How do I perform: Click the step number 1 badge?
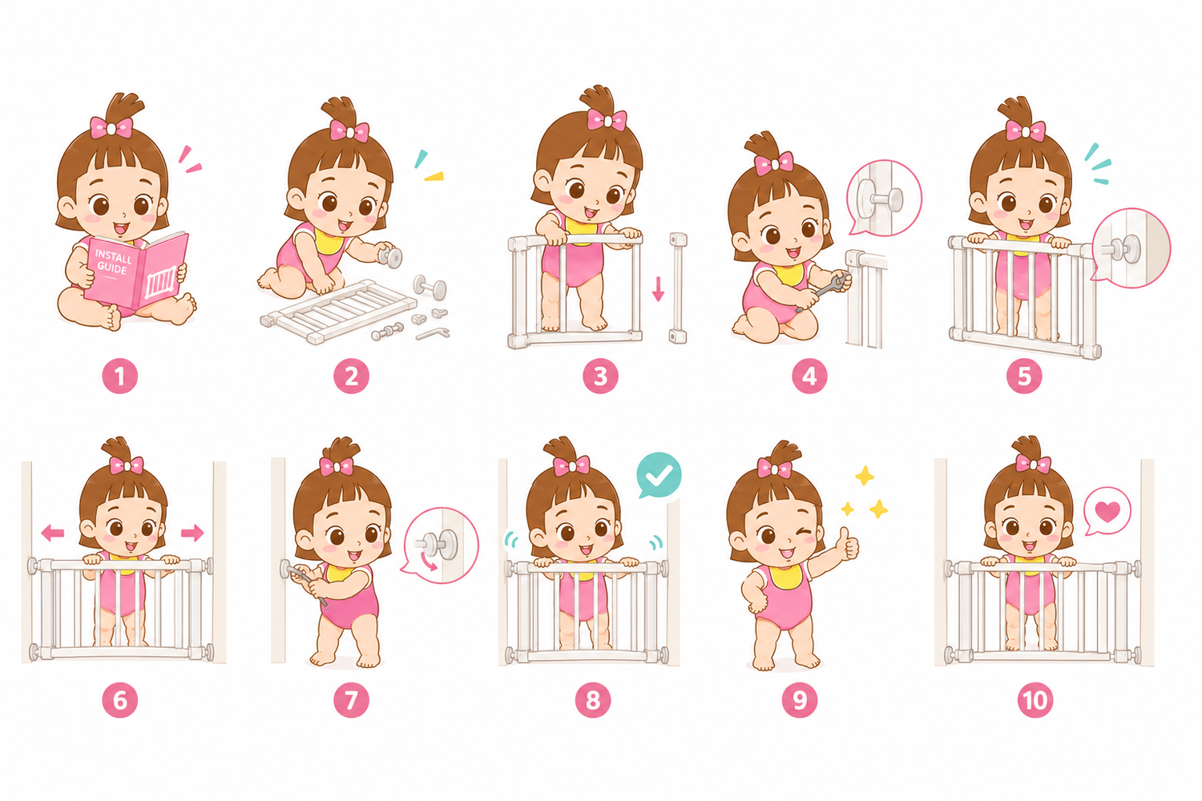tap(119, 376)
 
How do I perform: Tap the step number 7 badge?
tap(351, 700)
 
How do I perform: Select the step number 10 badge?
tap(1035, 700)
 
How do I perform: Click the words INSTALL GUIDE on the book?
tap(113, 263)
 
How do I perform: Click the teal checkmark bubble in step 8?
tap(659, 475)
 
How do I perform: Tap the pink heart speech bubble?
tap(1107, 511)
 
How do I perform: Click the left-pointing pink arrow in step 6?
tap(53, 533)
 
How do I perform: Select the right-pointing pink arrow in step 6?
tap(192, 533)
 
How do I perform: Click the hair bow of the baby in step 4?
tap(774, 163)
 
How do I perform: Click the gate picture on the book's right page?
tap(160, 283)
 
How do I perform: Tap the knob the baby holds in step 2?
tap(390, 256)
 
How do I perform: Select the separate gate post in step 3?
tap(678, 288)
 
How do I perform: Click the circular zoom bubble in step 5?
tap(1131, 248)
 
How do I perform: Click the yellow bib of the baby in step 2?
tap(327, 240)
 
